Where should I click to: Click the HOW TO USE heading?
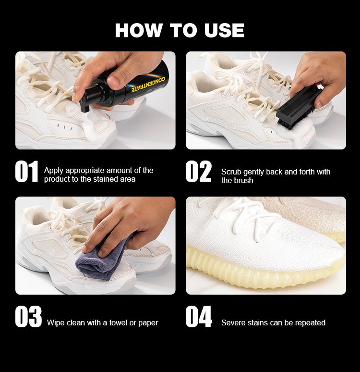[180, 30]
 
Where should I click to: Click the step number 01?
[26, 171]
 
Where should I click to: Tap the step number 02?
[198, 171]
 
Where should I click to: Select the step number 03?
[28, 317]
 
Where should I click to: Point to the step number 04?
[199, 317]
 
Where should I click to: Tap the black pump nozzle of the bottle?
[84, 106]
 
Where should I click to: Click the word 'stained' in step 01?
[105, 179]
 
